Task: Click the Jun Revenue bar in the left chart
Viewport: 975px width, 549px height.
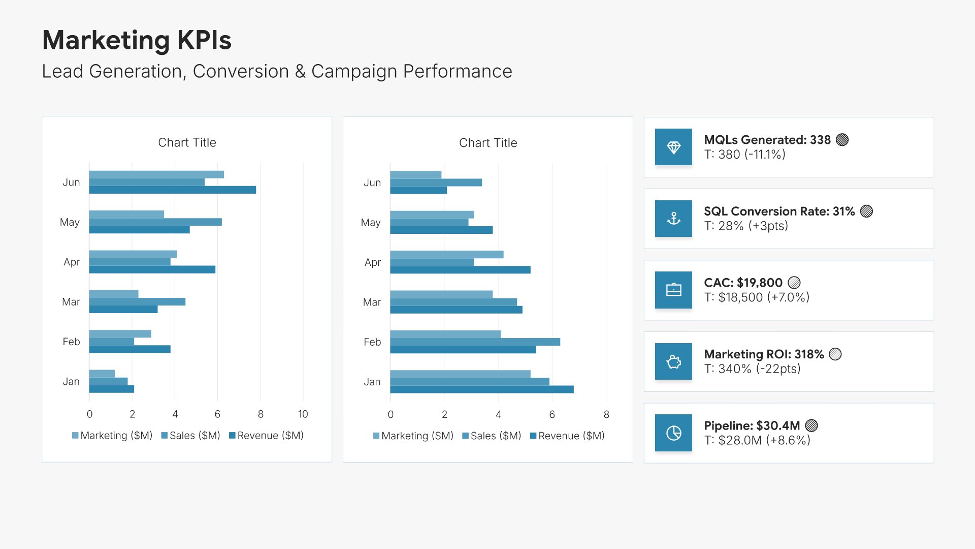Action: click(x=173, y=190)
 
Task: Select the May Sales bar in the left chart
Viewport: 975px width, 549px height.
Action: click(x=155, y=222)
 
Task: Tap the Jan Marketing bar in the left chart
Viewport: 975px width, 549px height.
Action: click(x=102, y=374)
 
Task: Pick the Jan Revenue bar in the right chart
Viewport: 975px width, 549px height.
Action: click(x=482, y=389)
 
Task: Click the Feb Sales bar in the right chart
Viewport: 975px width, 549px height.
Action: click(x=475, y=342)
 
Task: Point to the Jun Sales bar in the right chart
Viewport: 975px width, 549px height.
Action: click(x=436, y=182)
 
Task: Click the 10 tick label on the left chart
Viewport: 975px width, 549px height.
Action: click(x=303, y=414)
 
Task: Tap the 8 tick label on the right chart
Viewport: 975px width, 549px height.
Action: click(x=606, y=415)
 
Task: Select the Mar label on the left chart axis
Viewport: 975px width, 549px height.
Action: click(x=71, y=302)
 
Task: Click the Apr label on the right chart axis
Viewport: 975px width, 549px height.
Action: click(x=372, y=263)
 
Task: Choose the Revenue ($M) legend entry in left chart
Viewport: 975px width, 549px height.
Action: click(x=267, y=436)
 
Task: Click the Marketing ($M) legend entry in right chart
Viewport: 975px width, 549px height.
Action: click(x=413, y=436)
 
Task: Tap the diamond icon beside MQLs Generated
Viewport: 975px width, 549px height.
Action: click(x=673, y=147)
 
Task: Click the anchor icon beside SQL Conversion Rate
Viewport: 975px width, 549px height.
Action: click(x=673, y=219)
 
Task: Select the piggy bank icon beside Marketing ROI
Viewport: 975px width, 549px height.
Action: click(x=673, y=361)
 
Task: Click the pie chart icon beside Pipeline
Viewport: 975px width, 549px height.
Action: click(x=673, y=433)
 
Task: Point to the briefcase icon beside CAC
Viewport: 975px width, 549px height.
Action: click(x=673, y=290)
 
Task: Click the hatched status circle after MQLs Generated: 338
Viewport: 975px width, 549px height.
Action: click(x=842, y=140)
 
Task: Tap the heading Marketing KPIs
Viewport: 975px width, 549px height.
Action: click(x=137, y=40)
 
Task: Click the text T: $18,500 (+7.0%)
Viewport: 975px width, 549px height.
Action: click(x=757, y=297)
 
